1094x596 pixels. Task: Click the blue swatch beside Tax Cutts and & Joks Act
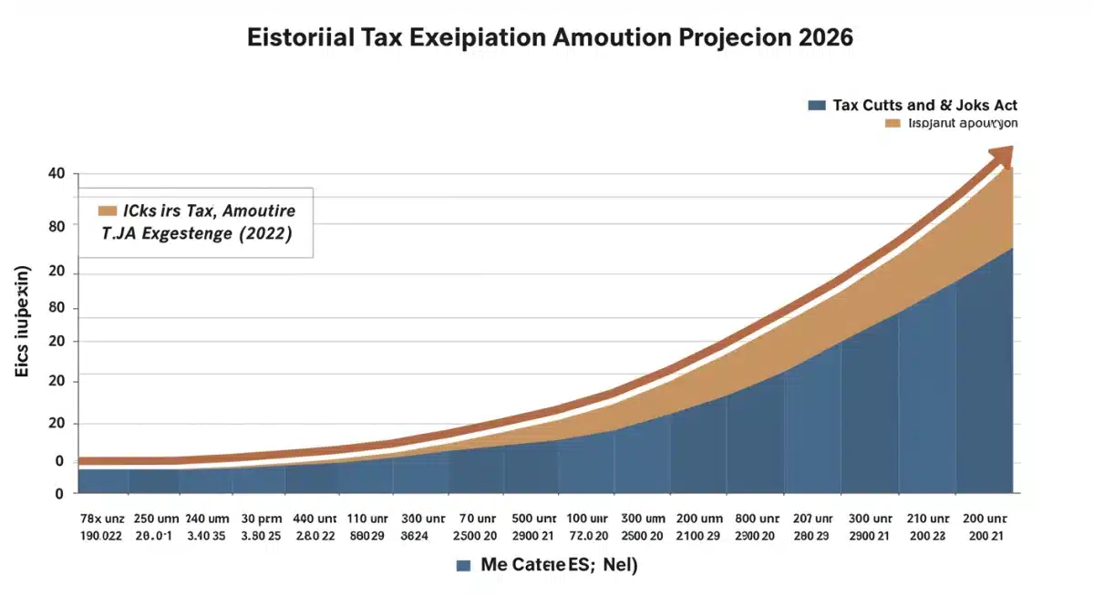coord(817,105)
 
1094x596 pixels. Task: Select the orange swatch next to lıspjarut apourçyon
coord(893,122)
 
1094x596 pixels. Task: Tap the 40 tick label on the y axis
coord(56,174)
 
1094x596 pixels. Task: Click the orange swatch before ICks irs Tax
coord(108,211)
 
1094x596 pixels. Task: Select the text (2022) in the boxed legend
coord(263,233)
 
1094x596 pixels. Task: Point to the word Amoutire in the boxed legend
coord(258,211)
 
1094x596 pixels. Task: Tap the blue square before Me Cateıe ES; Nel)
coord(464,565)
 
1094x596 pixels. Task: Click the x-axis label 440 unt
coord(315,517)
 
